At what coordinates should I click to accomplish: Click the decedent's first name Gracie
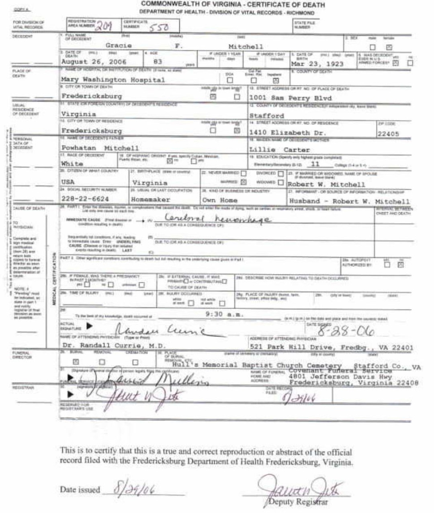(119, 46)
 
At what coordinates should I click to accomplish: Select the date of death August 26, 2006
(94, 62)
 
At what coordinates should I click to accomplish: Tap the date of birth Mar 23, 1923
(317, 64)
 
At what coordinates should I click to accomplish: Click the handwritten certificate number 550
(159, 27)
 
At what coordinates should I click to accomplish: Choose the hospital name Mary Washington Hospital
(113, 80)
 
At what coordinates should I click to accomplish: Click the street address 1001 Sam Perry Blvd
(291, 98)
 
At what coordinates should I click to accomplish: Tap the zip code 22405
(388, 134)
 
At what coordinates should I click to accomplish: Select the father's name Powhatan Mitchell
(100, 148)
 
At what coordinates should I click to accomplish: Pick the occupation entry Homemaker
(151, 199)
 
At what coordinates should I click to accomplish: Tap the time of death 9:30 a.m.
(224, 314)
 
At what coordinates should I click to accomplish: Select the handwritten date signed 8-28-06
(345, 332)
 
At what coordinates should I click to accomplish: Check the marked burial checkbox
(76, 362)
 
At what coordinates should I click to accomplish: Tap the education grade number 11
(315, 164)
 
